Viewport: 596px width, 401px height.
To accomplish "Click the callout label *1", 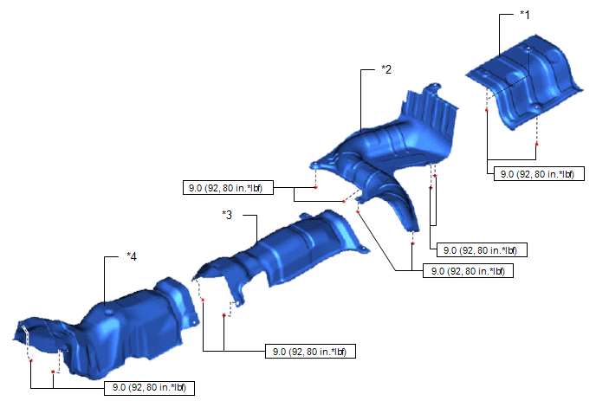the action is [x=525, y=15].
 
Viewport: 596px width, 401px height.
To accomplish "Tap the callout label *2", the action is [x=386, y=69].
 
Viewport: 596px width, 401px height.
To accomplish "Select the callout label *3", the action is [x=227, y=215].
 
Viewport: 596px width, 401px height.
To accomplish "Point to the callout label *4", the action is [x=132, y=256].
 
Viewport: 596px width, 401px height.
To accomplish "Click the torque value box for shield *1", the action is [x=539, y=174].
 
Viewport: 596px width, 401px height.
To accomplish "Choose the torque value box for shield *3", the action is [x=310, y=352].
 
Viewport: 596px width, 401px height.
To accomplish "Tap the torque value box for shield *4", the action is [x=149, y=388].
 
